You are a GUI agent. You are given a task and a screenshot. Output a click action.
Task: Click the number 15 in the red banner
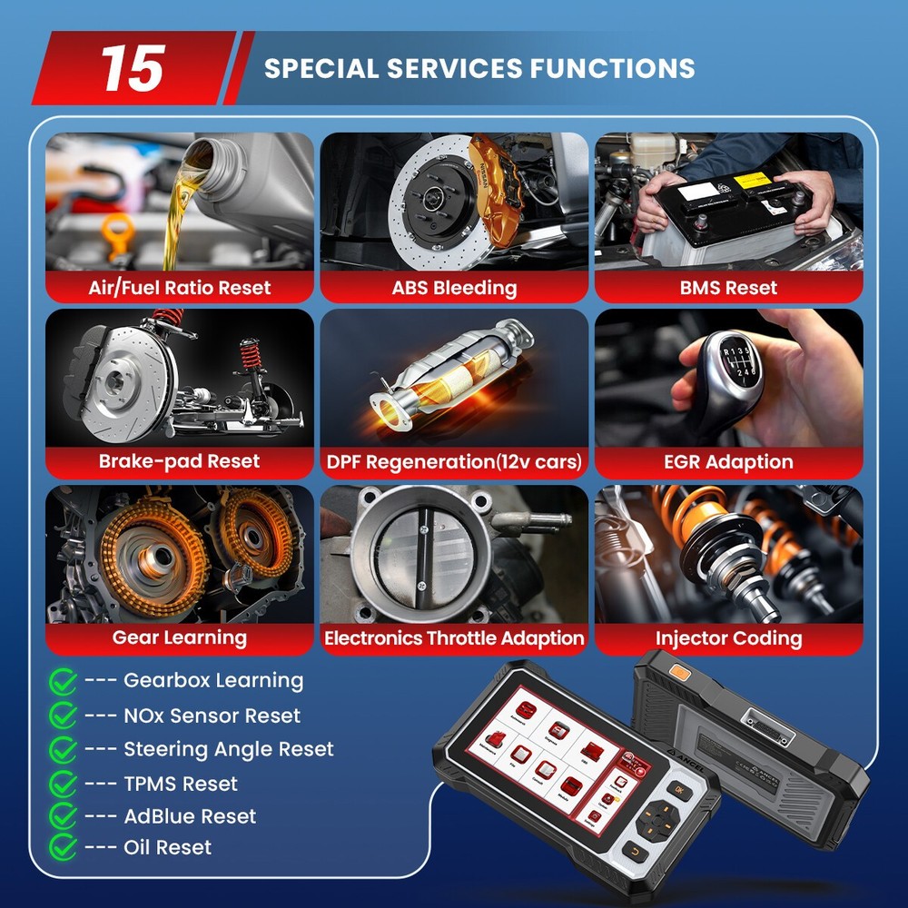coord(133,68)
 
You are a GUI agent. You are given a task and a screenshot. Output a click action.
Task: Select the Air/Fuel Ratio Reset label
coord(180,288)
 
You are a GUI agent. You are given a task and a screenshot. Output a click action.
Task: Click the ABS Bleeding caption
coord(454,288)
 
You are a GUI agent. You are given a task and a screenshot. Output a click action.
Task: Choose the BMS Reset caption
coord(728,288)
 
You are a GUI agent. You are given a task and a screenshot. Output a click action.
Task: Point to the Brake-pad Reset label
coord(180,461)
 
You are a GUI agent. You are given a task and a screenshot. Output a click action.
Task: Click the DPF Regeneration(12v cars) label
coord(454,462)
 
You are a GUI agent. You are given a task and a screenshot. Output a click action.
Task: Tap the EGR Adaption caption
coord(728,461)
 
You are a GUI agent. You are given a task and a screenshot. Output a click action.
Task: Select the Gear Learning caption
coord(180,637)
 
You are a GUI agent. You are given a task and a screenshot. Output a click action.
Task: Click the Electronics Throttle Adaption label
coord(454,638)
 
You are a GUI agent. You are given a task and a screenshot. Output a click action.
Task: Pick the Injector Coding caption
coord(728,638)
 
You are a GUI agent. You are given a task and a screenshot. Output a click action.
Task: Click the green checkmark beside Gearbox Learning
coord(63,680)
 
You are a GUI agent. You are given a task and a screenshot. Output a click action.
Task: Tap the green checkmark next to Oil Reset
coord(63,847)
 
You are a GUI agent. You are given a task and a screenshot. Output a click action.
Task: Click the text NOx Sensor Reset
coord(212,716)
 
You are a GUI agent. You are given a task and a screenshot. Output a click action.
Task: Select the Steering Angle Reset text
coord(229,749)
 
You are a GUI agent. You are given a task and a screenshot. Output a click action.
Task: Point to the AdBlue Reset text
coord(190,816)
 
